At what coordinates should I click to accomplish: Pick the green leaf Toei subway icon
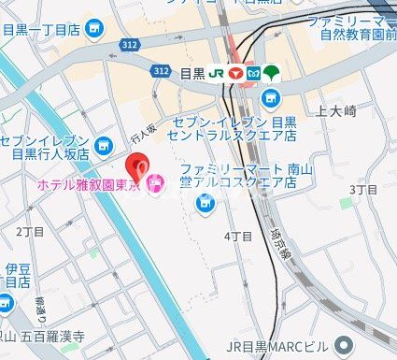click(x=271, y=72)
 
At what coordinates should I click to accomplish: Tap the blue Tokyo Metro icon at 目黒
click(x=251, y=72)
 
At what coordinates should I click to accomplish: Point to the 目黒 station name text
click(x=191, y=72)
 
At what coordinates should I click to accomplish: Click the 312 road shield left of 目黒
click(x=161, y=71)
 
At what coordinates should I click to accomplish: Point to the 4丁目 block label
click(x=239, y=237)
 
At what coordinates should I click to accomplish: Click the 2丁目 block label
click(x=30, y=231)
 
